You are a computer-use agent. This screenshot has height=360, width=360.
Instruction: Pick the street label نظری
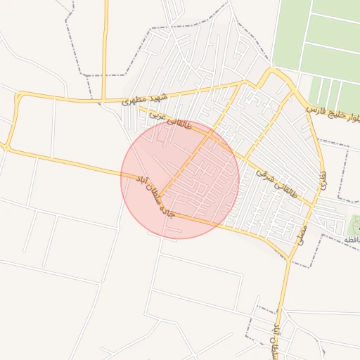point(323,180)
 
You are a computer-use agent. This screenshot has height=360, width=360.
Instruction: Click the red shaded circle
point(180,179)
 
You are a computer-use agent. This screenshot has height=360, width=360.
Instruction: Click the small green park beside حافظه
point(354,225)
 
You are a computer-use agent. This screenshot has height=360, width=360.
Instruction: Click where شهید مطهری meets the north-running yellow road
point(105,99)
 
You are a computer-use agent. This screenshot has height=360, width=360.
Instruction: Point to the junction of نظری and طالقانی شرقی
point(314,206)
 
